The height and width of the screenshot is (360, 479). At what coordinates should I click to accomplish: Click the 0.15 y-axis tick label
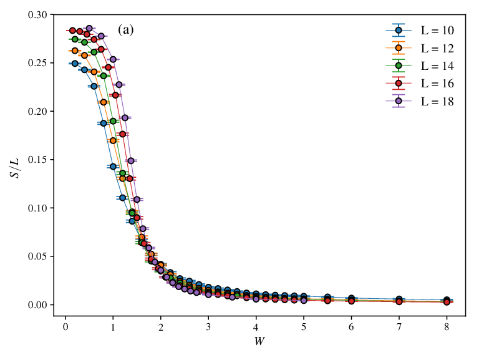(x=38, y=160)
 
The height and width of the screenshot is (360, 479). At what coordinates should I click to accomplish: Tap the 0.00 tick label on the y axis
(x=38, y=304)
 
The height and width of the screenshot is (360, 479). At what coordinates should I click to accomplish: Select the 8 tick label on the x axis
(x=447, y=327)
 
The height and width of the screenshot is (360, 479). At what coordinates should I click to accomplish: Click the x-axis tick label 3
(x=208, y=327)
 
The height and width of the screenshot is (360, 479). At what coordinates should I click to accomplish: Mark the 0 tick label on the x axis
(x=65, y=327)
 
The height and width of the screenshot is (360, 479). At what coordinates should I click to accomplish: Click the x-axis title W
(x=259, y=341)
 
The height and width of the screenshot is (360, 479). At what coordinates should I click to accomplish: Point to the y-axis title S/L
(x=15, y=168)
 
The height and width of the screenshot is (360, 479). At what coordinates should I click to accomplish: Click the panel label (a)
(x=126, y=30)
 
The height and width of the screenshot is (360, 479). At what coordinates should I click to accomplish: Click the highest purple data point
(x=89, y=29)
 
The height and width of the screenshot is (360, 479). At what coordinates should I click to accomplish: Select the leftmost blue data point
(x=75, y=64)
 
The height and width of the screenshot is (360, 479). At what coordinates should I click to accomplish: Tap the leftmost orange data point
(x=75, y=51)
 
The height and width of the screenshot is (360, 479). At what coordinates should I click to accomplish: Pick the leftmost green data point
(x=75, y=39)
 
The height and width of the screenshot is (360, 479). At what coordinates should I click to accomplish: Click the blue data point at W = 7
(x=399, y=299)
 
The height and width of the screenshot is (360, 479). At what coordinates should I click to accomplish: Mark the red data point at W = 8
(x=447, y=302)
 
